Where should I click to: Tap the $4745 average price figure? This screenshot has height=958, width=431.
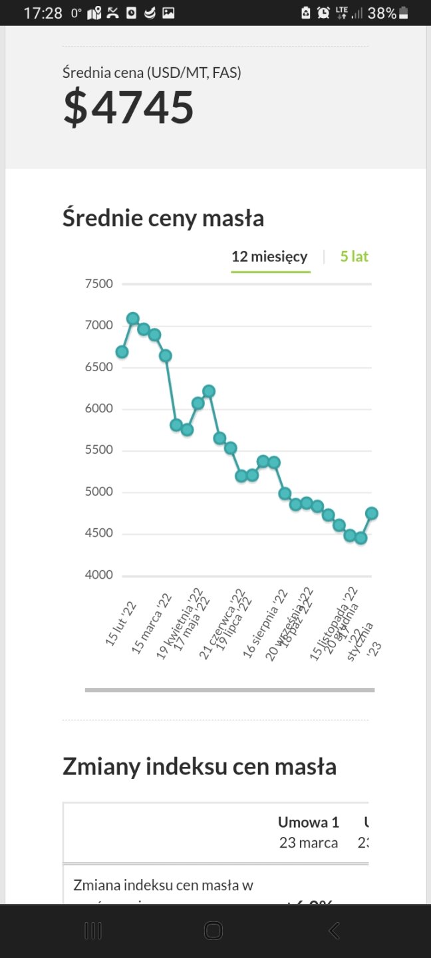(x=128, y=108)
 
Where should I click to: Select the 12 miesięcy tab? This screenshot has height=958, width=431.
(x=269, y=257)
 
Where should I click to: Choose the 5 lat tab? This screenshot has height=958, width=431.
(x=354, y=257)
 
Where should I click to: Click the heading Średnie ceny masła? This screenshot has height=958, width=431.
(x=163, y=218)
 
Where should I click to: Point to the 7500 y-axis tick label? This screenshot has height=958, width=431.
(x=99, y=284)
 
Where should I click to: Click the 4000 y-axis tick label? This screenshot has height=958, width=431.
(x=99, y=575)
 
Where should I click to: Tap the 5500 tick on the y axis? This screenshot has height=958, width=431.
(x=99, y=450)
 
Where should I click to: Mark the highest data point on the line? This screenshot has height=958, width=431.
(x=133, y=319)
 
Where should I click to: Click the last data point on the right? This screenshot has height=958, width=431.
(x=371, y=513)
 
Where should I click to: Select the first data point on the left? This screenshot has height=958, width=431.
(x=122, y=351)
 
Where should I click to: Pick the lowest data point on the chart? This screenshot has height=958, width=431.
(x=360, y=538)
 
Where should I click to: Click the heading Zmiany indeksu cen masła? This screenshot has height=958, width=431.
(x=199, y=766)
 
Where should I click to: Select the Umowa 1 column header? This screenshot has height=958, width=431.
(x=308, y=822)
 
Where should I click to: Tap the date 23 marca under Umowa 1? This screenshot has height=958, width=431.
(x=308, y=843)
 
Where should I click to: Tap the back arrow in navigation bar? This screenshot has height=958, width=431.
(x=334, y=931)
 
